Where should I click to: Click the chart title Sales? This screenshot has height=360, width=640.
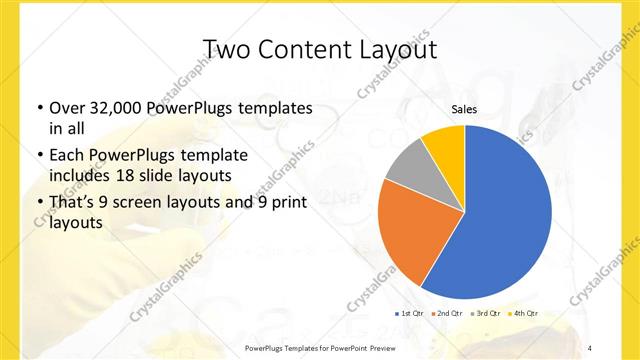[464, 109]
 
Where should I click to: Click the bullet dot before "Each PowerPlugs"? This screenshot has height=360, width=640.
[39, 155]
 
